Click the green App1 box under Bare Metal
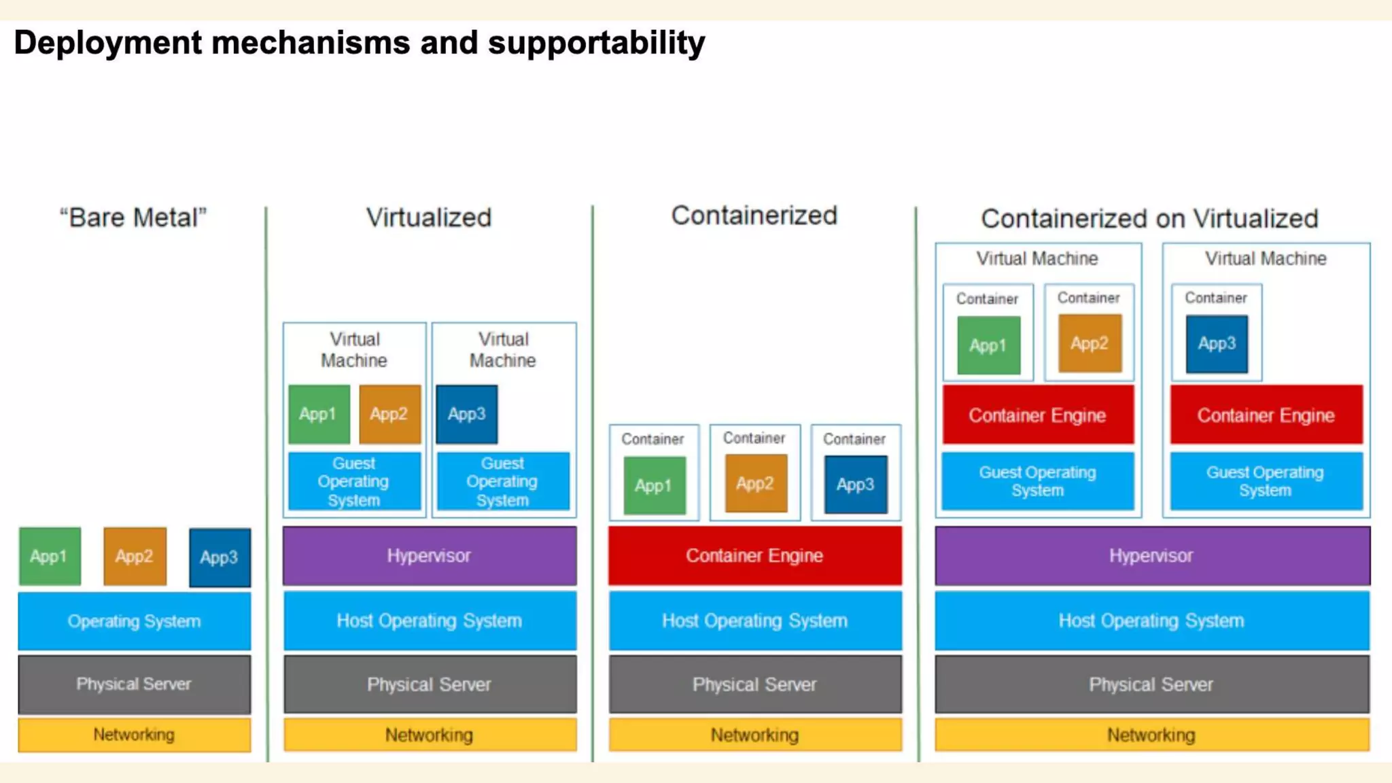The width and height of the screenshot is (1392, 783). pyautogui.click(x=50, y=556)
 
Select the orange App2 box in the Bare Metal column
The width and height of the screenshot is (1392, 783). pyautogui.click(x=135, y=556)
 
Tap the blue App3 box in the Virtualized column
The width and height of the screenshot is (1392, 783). pyautogui.click(x=467, y=414)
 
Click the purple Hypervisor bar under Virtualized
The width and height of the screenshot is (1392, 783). pyautogui.click(x=430, y=555)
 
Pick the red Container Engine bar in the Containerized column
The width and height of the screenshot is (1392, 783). pyautogui.click(x=754, y=555)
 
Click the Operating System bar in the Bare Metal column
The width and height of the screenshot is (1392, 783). pyautogui.click(x=134, y=621)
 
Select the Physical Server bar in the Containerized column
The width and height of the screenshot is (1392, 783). pyautogui.click(x=754, y=684)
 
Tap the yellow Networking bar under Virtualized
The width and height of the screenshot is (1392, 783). pyautogui.click(x=430, y=735)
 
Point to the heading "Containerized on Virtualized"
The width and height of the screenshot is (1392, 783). pyautogui.click(x=1149, y=218)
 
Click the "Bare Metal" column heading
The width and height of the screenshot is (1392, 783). pyautogui.click(x=133, y=217)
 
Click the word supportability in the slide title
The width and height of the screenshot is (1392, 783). pyautogui.click(x=596, y=43)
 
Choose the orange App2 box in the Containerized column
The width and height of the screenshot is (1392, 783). pyautogui.click(x=755, y=483)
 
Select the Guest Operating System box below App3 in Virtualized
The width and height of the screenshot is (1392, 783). pyautogui.click(x=503, y=481)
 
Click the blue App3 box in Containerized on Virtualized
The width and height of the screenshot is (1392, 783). pyautogui.click(x=1217, y=344)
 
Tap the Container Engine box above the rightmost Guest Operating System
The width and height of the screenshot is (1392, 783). pyautogui.click(x=1266, y=415)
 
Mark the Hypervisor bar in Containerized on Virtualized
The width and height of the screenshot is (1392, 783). pyautogui.click(x=1151, y=555)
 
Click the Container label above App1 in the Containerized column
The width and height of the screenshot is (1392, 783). pyautogui.click(x=652, y=439)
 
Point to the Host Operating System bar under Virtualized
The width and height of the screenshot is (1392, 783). pyautogui.click(x=430, y=621)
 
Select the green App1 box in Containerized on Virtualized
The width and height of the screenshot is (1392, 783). pyautogui.click(x=988, y=345)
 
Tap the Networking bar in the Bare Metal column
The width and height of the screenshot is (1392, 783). pyautogui.click(x=134, y=735)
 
